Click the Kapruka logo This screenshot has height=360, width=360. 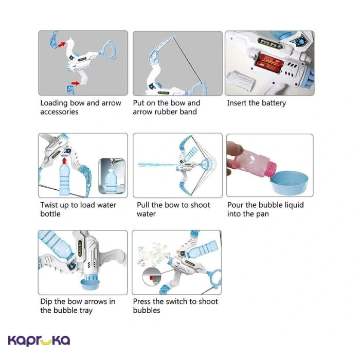click(x=39, y=340)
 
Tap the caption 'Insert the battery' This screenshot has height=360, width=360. click(x=257, y=103)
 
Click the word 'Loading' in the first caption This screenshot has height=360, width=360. click(x=54, y=103)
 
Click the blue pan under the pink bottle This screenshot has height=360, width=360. click(x=289, y=183)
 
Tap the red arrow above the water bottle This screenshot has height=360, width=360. click(x=64, y=160)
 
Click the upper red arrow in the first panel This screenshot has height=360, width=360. click(x=62, y=44)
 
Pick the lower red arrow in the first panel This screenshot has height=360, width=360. click(x=75, y=83)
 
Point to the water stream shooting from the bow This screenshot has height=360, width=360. click(x=157, y=165)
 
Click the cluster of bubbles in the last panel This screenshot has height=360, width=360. click(x=152, y=254)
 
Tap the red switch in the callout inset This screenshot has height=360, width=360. click(x=151, y=278)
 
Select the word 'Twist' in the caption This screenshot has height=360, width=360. click(x=49, y=205)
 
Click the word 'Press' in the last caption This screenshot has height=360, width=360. click(x=143, y=301)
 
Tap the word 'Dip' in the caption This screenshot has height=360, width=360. click(x=46, y=302)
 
